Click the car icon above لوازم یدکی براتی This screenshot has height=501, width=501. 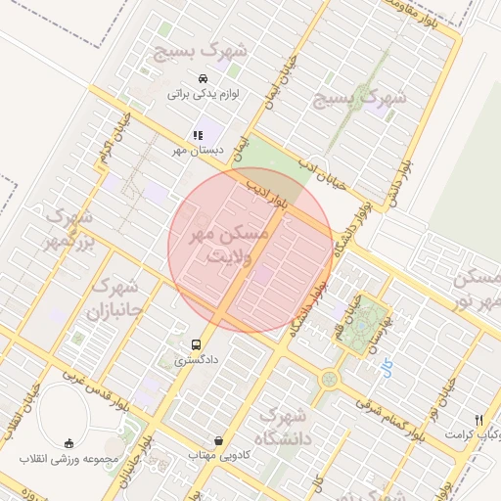pos(203,78)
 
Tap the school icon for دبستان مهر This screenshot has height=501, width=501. pos(198,135)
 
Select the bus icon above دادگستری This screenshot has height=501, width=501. pos(197,344)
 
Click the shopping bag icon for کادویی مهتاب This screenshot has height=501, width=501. pos(217,440)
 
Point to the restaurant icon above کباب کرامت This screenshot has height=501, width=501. pos(478,418)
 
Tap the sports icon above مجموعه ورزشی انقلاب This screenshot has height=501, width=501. pos(68,443)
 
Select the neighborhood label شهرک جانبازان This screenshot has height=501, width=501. pos(114,300)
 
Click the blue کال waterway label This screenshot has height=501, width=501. pos(387,367)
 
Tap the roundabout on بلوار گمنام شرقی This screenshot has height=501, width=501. pos(329,378)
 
